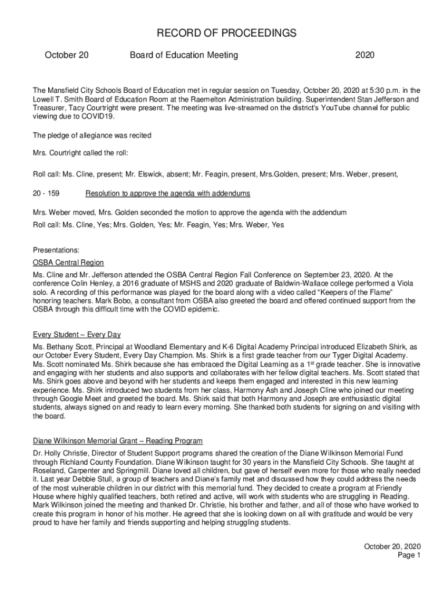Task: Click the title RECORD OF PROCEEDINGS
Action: pyautogui.click(x=223, y=34)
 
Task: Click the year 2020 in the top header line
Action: pyautogui.click(x=365, y=55)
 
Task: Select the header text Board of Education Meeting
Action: pyautogui.click(x=184, y=55)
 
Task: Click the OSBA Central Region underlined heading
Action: pyautogui.click(x=69, y=263)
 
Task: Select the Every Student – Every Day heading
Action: pyautogui.click(x=77, y=335)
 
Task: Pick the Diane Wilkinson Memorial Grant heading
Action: pyautogui.click(x=118, y=441)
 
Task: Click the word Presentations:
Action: pyautogui.click(x=56, y=251)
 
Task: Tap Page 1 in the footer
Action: pyautogui.click(x=409, y=555)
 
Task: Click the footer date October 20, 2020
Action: pyautogui.click(x=392, y=546)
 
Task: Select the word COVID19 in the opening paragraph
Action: pyautogui.click(x=99, y=117)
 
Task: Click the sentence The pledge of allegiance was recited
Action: pyautogui.click(x=92, y=135)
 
